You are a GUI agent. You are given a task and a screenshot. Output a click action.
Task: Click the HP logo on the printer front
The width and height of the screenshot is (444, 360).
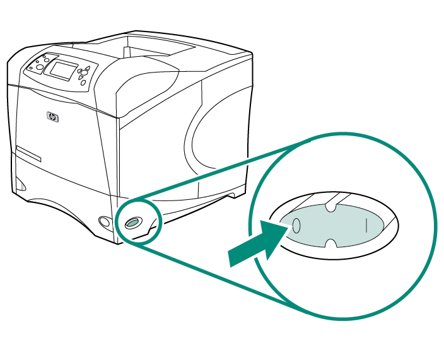pos(52,117)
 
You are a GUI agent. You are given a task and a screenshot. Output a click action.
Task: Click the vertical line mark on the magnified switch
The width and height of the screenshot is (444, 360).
pos(366,224)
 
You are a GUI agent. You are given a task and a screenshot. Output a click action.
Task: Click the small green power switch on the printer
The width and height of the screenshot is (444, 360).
pos(132,223)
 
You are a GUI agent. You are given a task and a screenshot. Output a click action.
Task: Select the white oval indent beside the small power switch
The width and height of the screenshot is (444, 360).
pos(104,221)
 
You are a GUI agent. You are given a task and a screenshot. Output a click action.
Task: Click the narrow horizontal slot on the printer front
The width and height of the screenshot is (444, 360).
pos(29,154)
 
